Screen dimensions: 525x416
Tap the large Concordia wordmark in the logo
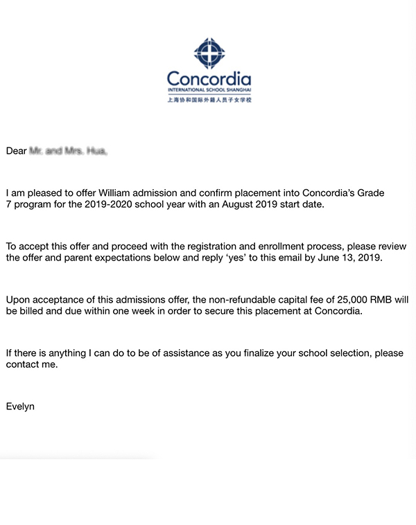209,78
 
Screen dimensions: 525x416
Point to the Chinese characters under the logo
209,100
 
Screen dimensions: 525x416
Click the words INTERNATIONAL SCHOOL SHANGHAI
209,90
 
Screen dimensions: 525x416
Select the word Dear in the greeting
16,150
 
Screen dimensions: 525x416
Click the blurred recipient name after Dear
68,150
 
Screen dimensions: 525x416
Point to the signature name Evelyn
20,407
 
